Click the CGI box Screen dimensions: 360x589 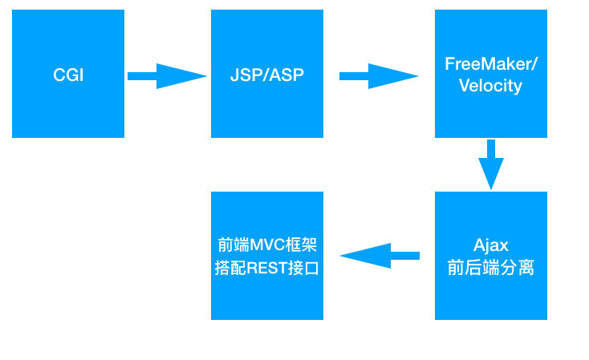(x=68, y=74)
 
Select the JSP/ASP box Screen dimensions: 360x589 (x=266, y=74)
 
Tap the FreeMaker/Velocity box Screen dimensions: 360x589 (x=490, y=74)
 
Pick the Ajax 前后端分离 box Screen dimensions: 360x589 (x=490, y=256)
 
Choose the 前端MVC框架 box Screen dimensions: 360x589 (x=266, y=256)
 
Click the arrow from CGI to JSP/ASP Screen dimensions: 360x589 (x=167, y=76)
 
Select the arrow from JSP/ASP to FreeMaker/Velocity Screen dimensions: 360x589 (x=379, y=76)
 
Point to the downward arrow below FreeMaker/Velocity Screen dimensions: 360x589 (x=490, y=165)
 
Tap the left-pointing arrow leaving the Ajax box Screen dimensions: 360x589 (x=380, y=256)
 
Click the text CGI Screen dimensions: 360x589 (x=68, y=76)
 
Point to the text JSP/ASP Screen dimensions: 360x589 (x=266, y=76)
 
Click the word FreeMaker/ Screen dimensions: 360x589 (x=490, y=64)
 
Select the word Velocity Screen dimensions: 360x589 (x=490, y=86)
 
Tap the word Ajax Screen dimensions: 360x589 (x=490, y=245)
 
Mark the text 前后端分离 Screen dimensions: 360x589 (x=490, y=268)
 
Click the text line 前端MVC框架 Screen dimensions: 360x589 (x=267, y=245)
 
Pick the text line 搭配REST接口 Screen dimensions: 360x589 (x=267, y=268)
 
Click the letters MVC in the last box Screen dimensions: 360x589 (x=264, y=245)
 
